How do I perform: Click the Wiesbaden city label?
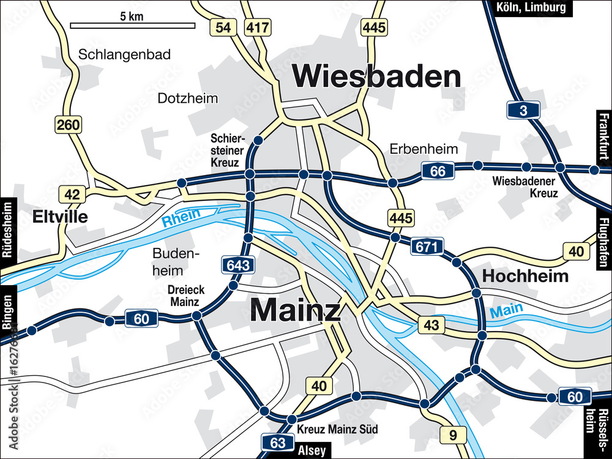pos(376,76)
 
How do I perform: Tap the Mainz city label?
pos(295,310)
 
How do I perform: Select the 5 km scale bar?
pos(132,26)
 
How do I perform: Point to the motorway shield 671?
pos(427,247)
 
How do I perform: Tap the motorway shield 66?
pos(438,171)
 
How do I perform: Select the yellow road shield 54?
pos(223,27)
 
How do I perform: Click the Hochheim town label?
pos(525,276)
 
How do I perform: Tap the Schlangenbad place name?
pos(124,54)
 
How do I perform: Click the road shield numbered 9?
pos(453,436)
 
